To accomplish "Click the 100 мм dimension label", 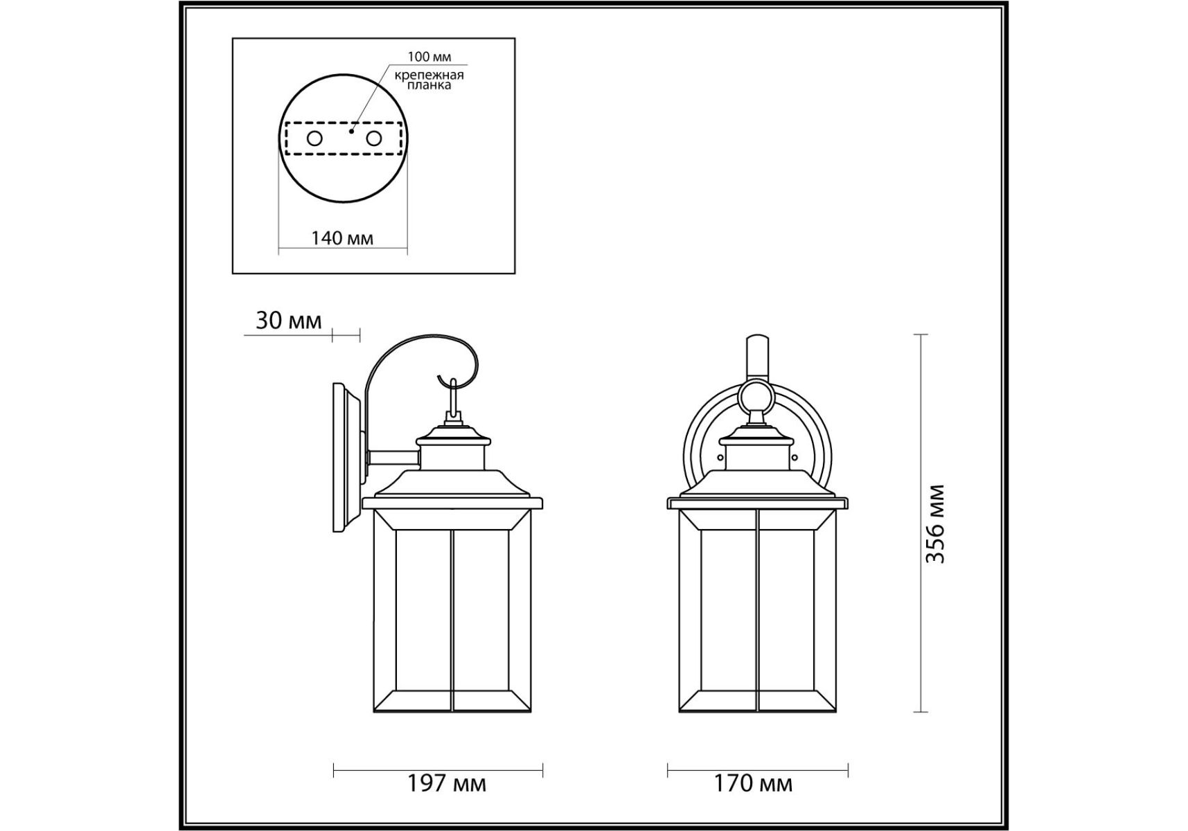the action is tap(429, 57).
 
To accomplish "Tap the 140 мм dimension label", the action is tap(342, 238).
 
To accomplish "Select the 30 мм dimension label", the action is tap(289, 321).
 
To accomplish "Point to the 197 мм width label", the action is tap(447, 784).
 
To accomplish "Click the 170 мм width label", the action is tap(754, 784).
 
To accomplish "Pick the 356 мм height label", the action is tap(935, 524).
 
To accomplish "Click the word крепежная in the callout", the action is tap(429, 75).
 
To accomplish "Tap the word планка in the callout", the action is tap(429, 85).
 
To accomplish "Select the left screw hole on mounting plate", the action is tap(314, 138).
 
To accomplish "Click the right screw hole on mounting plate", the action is tap(374, 138).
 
